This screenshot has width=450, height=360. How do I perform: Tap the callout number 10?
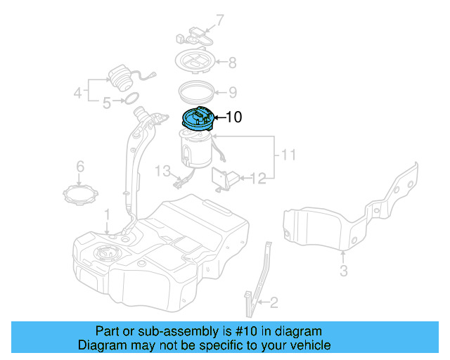(x=234, y=117)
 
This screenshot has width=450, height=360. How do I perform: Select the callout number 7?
(x=219, y=20)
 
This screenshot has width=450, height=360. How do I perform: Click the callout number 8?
(x=232, y=63)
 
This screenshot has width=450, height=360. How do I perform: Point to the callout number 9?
(x=233, y=92)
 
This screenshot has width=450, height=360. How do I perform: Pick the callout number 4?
(x=78, y=93)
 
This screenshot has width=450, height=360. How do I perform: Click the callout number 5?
(x=107, y=103)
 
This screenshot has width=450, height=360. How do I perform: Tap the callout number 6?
(x=80, y=167)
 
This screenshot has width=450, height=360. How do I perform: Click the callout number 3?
(x=344, y=271)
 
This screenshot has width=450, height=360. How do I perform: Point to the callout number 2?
(x=274, y=302)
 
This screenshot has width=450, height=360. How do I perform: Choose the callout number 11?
(x=288, y=155)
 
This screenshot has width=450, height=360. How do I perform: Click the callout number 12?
(x=258, y=179)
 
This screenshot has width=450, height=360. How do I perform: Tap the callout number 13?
(x=162, y=171)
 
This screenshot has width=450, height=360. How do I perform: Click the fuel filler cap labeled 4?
(x=120, y=78)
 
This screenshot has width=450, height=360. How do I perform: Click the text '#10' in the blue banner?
(x=246, y=331)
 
